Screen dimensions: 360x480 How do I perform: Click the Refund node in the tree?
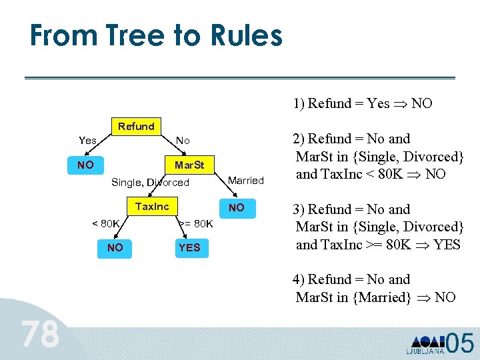[x=136, y=127]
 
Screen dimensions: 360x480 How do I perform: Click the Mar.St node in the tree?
[x=189, y=165]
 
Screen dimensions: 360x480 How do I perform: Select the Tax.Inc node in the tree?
[x=152, y=207]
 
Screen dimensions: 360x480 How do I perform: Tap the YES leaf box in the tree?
[x=189, y=248]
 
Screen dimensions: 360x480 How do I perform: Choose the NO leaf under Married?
[x=237, y=208]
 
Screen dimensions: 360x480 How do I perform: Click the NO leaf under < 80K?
[x=115, y=248]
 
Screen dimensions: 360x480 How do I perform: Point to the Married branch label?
[x=246, y=181]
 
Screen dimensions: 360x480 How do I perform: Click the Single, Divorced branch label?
[x=150, y=183]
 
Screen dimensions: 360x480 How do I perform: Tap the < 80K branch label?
[x=105, y=223]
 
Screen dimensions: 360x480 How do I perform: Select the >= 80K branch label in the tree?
[x=196, y=223]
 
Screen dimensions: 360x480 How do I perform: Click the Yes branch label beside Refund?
[x=87, y=141]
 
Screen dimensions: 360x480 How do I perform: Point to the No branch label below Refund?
[x=183, y=141]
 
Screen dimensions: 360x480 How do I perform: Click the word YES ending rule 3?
[x=447, y=245]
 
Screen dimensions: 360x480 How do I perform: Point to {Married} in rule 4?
[x=385, y=297]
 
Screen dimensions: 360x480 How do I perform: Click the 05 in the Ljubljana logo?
[x=459, y=343]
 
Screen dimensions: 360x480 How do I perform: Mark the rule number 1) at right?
[x=299, y=103]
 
